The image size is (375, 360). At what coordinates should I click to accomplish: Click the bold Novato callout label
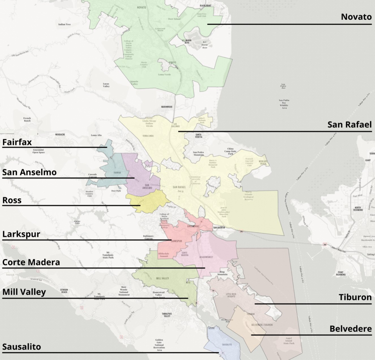(x=356, y=17)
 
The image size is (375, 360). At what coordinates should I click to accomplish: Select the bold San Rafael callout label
(x=349, y=125)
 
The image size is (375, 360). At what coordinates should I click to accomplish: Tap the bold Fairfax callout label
(x=17, y=142)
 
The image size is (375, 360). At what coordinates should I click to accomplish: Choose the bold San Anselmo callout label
(x=29, y=172)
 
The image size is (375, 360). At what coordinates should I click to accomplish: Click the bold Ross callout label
(x=12, y=200)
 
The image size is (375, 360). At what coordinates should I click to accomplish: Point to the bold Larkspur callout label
(x=21, y=234)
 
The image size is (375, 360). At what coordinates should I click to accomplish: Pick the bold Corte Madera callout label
(x=31, y=263)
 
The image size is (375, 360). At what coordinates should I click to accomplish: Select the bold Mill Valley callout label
(x=24, y=292)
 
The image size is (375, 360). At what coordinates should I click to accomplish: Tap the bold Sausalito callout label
(x=21, y=347)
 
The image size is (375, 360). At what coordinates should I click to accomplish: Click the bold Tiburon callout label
(x=355, y=297)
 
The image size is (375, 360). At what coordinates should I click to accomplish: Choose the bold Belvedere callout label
(x=350, y=329)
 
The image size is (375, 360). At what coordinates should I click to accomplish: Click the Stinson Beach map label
(x=64, y=291)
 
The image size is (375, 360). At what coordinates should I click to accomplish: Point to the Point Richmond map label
(x=340, y=273)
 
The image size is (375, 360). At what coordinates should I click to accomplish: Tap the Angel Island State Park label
(x=289, y=341)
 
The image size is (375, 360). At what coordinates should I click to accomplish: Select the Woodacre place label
(x=60, y=135)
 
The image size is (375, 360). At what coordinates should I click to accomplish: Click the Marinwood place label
(x=167, y=107)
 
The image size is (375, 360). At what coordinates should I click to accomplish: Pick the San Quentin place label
(x=219, y=227)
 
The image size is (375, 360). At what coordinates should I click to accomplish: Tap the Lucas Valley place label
(x=106, y=85)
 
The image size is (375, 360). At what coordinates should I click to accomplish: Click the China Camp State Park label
(x=230, y=151)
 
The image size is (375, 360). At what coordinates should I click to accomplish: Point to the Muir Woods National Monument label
(x=124, y=291)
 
